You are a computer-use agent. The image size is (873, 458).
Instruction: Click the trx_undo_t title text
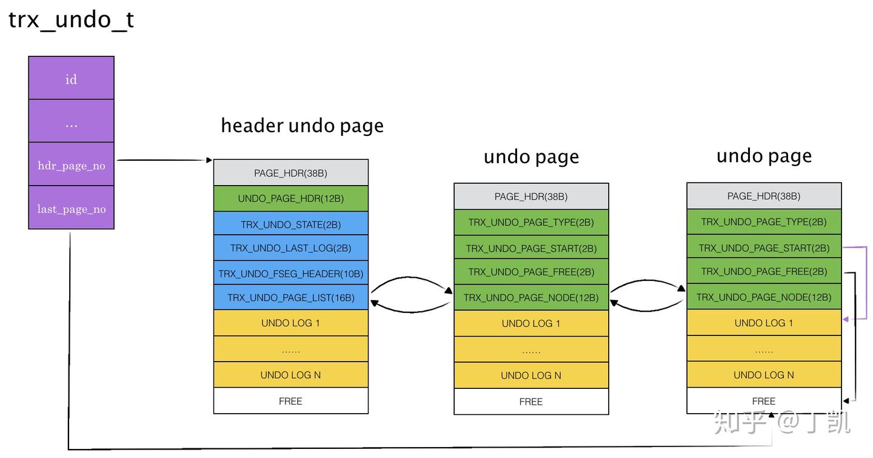71,21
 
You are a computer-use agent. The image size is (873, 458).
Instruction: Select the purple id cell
71,79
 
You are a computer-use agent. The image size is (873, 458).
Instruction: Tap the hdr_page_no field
71,165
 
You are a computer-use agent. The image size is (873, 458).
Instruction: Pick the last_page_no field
71,208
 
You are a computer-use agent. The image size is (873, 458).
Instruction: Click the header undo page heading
302,126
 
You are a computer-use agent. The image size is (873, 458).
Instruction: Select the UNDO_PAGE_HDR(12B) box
290,198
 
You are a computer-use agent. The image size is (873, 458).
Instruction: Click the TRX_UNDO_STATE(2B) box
290,224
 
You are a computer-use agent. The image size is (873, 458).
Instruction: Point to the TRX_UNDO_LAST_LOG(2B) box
290,248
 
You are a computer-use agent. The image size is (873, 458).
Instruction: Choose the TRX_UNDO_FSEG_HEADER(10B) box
290,274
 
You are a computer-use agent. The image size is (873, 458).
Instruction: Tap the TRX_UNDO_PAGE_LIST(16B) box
290,298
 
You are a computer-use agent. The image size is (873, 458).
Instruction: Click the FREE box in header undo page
290,401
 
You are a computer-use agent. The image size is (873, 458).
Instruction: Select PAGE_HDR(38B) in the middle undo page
531,197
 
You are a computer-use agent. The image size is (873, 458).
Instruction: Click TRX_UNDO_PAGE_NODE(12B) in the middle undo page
531,297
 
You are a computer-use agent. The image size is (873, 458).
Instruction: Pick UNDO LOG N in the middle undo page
531,375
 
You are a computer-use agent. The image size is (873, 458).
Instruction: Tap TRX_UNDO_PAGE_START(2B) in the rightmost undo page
764,248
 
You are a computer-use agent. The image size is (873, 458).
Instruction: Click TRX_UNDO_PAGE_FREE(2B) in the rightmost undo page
764,271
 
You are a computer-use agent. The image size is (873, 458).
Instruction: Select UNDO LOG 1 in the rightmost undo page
764,323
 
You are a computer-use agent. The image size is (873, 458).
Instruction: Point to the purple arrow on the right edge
866,282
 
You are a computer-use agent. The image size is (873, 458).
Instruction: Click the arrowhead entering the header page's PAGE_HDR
209,161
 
